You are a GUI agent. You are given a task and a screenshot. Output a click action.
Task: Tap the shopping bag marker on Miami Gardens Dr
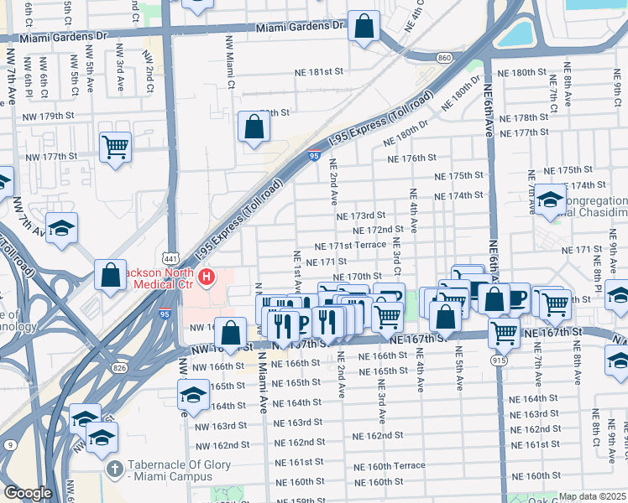[364, 27]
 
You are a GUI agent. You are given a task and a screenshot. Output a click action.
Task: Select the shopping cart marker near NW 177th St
[115, 147]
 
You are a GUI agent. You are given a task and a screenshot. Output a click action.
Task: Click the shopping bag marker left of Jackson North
[110, 276]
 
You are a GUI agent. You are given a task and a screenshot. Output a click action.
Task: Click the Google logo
[27, 494]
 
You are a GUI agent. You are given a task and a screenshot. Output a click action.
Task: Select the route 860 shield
[444, 57]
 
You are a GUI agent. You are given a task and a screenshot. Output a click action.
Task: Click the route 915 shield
[500, 359]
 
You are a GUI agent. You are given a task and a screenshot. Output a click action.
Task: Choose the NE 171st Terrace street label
[350, 246]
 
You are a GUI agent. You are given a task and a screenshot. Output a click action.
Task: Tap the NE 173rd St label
[360, 215]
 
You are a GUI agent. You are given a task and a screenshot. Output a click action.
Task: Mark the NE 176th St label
[411, 158]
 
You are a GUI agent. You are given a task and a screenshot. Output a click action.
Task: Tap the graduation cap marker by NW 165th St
[193, 394]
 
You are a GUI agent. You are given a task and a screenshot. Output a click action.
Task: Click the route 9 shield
[9, 445]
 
